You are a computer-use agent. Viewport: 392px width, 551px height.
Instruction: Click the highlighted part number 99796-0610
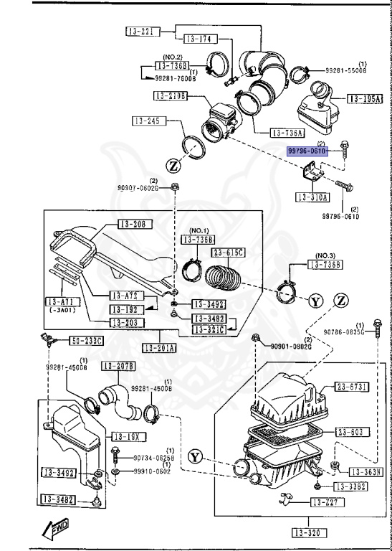tap(307, 152)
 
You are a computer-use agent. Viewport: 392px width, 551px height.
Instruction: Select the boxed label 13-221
tap(141, 32)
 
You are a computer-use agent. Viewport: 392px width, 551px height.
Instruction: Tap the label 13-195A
tap(365, 99)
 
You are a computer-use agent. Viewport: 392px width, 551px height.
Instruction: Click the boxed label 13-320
tap(309, 532)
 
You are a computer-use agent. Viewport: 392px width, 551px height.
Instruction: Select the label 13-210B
tap(170, 95)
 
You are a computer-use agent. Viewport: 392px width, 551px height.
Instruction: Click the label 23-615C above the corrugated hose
tap(227, 252)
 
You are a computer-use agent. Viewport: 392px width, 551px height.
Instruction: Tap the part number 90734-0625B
tap(151, 457)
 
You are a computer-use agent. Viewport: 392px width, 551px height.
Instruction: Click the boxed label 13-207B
tap(118, 366)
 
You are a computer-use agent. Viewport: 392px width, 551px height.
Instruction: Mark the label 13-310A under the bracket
tap(312, 197)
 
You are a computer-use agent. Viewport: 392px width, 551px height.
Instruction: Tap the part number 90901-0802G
tap(290, 346)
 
